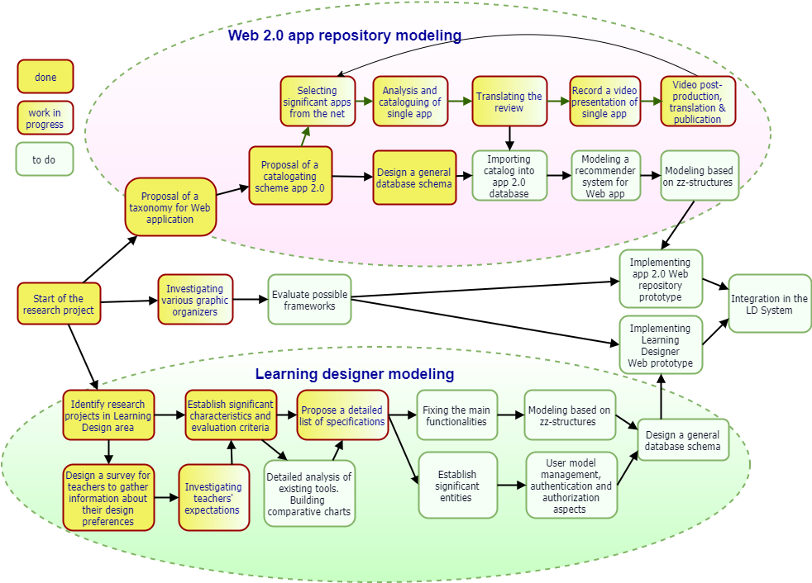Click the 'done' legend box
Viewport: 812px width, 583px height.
45,77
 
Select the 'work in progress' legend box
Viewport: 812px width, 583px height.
45,118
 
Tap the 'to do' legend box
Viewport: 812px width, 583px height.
45,159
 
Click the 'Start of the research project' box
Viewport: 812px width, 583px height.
59,304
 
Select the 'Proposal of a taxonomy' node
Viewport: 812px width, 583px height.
170,207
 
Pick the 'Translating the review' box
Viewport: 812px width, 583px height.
509,102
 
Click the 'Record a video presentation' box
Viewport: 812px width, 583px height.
604,102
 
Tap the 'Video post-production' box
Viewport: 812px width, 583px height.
698,102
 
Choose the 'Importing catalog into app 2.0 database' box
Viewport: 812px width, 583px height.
509,176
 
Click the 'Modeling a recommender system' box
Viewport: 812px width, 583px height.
606,176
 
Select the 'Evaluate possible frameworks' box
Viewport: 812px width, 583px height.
310,300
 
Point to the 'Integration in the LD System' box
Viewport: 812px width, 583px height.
770,304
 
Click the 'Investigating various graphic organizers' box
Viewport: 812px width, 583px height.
195,300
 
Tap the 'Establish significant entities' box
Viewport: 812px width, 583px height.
458,486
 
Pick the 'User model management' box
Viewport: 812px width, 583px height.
571,486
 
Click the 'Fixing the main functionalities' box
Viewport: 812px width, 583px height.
456,415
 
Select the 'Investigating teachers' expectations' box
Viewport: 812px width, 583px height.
214,498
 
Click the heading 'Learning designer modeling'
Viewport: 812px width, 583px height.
355,374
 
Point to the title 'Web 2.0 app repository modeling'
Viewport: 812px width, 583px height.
345,36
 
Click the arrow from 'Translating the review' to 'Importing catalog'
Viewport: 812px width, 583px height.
509,138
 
